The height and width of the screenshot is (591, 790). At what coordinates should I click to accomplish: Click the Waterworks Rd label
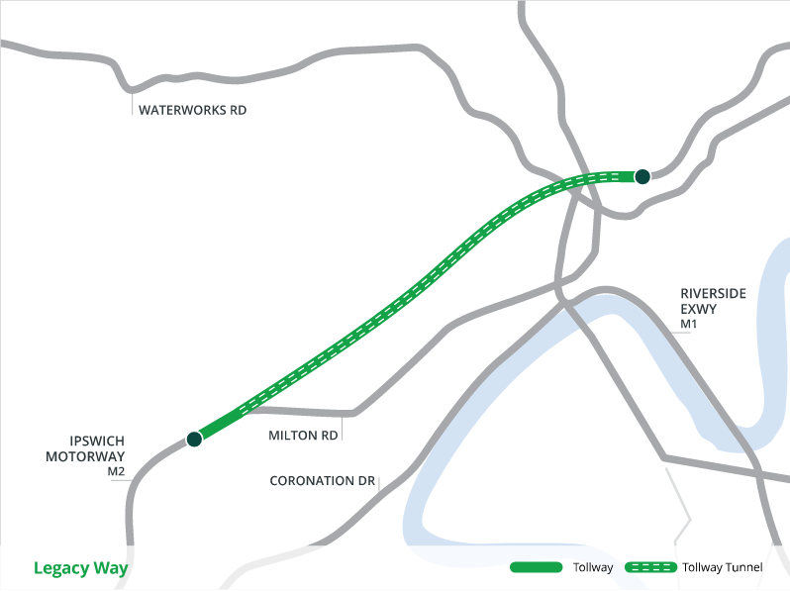point(192,110)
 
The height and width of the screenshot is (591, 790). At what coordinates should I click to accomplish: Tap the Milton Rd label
point(303,436)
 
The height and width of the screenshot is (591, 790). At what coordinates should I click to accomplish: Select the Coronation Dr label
point(323,482)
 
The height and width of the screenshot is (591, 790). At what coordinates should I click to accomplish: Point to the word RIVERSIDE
point(713,294)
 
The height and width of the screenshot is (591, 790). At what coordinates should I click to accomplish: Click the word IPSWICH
point(97,441)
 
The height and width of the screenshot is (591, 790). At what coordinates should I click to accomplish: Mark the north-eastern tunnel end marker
point(642,176)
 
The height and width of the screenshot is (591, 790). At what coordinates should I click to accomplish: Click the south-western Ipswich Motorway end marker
point(194,439)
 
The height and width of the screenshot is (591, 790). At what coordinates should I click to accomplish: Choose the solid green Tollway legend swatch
point(535,568)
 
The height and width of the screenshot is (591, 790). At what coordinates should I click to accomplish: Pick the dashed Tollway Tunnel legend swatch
point(648,568)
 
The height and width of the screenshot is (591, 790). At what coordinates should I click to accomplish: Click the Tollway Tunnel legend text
point(723,568)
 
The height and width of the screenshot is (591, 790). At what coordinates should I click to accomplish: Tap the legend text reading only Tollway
point(593,568)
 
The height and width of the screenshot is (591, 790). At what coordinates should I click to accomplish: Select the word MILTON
point(292,436)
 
